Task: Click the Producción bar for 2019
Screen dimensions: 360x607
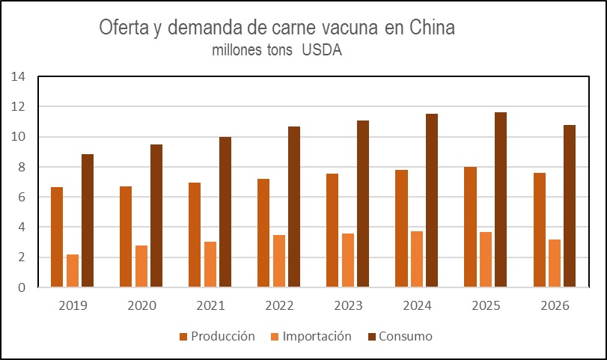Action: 57,237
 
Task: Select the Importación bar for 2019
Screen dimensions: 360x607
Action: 73,270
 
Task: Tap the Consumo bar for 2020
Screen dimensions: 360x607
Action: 156,216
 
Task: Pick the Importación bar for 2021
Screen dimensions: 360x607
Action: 210,264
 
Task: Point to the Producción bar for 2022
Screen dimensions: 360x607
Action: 263,233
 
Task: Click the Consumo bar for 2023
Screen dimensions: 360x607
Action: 363,204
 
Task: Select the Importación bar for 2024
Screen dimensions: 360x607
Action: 417,259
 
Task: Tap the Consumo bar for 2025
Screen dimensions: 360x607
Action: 501,200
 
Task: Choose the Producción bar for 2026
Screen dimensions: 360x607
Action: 539,230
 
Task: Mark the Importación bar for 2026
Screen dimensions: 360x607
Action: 555,263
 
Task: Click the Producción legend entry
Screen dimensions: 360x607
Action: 217,336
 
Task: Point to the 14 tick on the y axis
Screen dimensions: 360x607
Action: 19,77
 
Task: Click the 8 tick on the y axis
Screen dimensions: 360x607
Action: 22,167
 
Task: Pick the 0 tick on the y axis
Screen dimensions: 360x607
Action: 22,287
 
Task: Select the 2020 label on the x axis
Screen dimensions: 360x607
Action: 141,306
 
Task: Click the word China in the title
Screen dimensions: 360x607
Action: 433,28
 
